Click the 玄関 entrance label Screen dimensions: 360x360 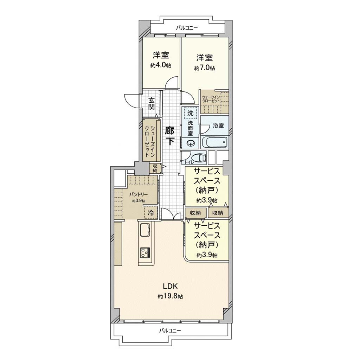151,104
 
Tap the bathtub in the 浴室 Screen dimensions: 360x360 215,142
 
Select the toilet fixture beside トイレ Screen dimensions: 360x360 198,158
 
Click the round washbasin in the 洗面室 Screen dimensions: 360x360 190,144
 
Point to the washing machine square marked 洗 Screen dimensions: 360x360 190,113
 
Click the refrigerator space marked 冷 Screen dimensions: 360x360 151,213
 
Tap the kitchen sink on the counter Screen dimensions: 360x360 145,229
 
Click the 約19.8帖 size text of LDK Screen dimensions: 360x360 170,296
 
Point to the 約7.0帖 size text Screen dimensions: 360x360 204,68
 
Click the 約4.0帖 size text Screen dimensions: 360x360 161,65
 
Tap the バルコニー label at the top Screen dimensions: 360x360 187,28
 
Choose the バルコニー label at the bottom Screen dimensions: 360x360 170,330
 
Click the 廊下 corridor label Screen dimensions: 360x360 170,136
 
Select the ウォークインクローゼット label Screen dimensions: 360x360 211,99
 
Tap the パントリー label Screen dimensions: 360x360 139,195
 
